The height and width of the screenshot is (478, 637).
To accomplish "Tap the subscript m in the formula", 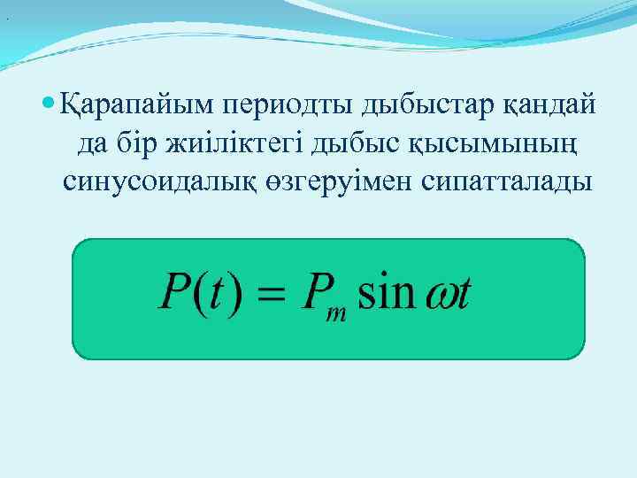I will coord(336,313).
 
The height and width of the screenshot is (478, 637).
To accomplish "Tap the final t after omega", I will coord(463,293).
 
